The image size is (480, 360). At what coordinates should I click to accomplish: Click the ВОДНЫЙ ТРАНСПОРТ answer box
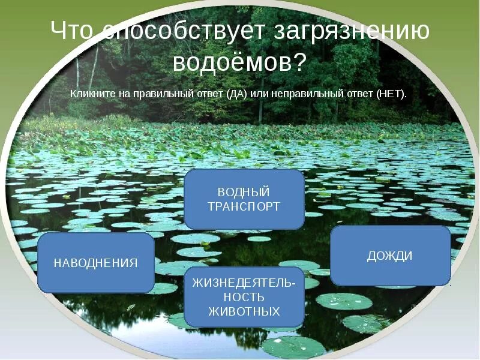click(244, 199)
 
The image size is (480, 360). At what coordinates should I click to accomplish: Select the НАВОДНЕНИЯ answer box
click(96, 263)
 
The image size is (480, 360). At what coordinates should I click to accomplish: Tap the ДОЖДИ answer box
click(390, 256)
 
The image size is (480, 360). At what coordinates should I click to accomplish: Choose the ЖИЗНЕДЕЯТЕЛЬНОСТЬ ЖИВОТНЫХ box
click(244, 298)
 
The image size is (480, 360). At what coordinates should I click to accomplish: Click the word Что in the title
click(73, 32)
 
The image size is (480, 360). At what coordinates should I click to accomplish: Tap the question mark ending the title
click(299, 61)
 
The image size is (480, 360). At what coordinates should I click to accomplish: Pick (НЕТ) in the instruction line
click(391, 94)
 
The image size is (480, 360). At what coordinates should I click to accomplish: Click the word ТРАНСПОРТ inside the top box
click(244, 206)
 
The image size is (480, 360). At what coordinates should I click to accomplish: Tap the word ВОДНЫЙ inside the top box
click(244, 193)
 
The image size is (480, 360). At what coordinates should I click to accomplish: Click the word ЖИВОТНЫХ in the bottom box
click(244, 311)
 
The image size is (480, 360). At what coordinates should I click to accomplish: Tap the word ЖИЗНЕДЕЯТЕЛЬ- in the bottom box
click(244, 284)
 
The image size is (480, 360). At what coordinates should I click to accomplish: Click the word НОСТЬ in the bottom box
click(244, 298)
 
